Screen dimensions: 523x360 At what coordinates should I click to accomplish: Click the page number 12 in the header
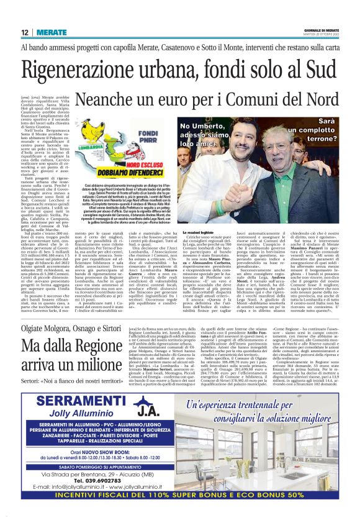click(24, 32)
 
